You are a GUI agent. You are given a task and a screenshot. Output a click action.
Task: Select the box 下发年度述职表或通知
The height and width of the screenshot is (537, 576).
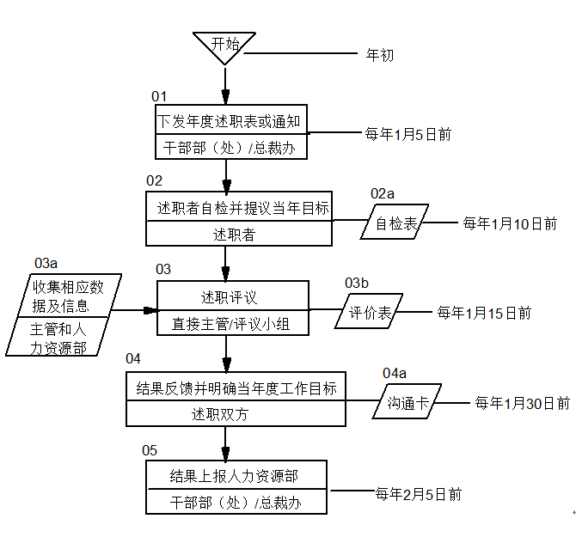[231, 121]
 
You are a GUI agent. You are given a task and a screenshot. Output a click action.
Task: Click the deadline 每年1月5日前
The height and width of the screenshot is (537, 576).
[408, 134]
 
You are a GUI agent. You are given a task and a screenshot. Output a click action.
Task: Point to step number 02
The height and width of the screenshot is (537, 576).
[154, 180]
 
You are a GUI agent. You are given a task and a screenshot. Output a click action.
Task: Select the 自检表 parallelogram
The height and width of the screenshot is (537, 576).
[396, 225]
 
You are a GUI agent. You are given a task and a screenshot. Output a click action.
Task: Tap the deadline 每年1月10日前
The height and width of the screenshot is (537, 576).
[510, 223]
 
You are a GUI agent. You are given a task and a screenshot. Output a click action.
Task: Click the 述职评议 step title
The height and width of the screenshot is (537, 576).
[230, 297]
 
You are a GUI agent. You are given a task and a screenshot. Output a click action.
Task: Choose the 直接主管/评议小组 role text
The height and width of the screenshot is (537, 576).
[230, 324]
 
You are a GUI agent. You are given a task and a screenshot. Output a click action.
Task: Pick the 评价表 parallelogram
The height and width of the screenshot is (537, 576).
[371, 314]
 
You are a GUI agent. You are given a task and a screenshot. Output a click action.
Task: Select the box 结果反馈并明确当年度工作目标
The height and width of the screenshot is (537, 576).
[236, 387]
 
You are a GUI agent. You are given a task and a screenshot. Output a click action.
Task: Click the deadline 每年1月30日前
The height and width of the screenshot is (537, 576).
[522, 402]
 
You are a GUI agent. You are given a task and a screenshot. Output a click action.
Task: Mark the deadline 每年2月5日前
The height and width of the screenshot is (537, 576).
[419, 494]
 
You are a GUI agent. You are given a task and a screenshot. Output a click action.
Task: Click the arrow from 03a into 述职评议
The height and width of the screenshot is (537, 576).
[138, 309]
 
